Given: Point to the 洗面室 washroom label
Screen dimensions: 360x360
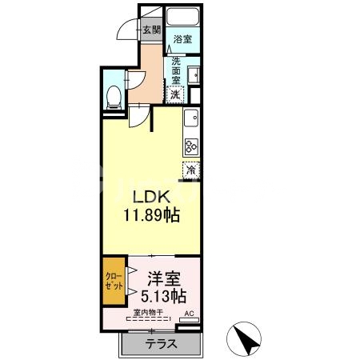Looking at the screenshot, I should pos(175,70).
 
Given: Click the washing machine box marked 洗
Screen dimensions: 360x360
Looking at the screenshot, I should pos(175,93).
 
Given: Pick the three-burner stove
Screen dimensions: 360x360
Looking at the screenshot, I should pos(191,146).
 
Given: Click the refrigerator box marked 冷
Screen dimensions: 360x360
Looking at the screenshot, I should pos(191,170).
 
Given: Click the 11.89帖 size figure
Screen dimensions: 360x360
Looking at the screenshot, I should pos(150,216).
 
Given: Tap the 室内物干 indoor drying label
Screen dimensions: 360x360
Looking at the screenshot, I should pos(148,313).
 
